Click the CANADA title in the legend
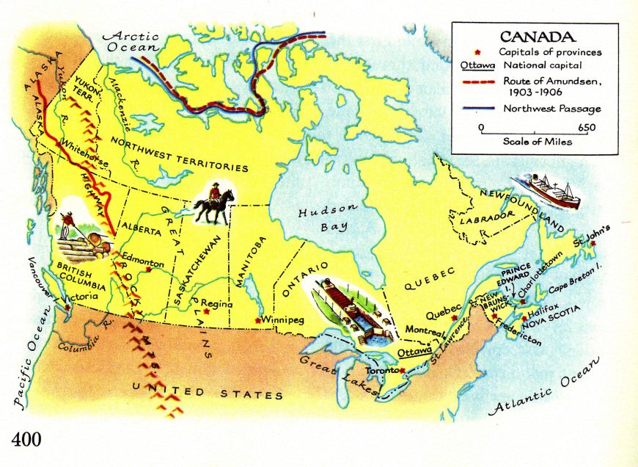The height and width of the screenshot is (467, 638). point(537,36)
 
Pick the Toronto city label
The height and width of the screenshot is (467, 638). point(381,371)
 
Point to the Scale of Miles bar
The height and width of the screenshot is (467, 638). point(538,133)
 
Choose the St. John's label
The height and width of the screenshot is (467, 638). point(591,240)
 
